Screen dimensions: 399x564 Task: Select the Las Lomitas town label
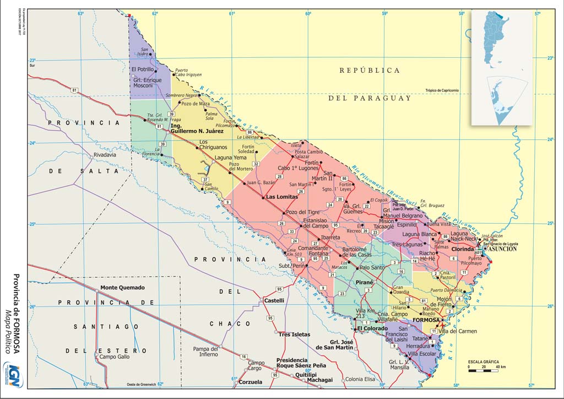(x=281, y=197)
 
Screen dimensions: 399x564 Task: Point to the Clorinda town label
(x=463, y=249)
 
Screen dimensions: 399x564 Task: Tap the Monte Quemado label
(x=122, y=288)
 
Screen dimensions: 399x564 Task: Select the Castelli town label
(x=274, y=301)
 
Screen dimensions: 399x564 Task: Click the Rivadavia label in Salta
(x=106, y=155)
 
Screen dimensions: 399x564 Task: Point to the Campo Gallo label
(x=114, y=357)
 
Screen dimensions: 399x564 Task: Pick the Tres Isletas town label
(x=294, y=335)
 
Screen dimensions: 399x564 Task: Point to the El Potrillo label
(x=143, y=69)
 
